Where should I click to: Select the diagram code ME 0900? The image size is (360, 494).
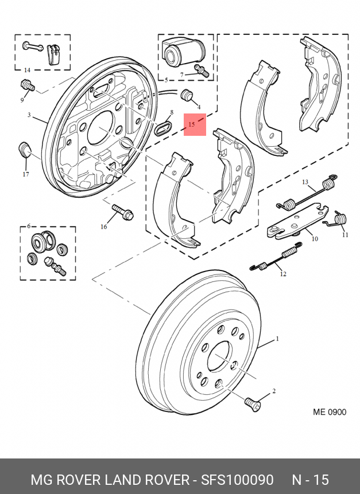pos(330,412)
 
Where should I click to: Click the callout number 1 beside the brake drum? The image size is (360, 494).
pos(277,339)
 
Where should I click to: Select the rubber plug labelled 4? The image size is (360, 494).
pos(187,95)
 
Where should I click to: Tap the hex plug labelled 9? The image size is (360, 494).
pos(28,85)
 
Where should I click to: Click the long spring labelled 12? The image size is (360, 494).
pos(276,257)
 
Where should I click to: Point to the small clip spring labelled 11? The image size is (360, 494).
pos(340,218)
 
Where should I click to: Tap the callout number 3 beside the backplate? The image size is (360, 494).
pos(29,115)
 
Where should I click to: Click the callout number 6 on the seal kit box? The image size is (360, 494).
pos(29,226)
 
